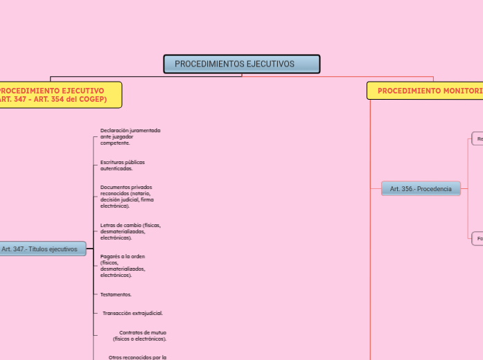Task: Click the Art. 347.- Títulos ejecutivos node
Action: [x=42, y=249]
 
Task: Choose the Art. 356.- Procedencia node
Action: [x=421, y=188]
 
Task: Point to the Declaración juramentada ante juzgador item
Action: [x=130, y=136]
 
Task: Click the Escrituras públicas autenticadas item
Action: [x=122, y=165]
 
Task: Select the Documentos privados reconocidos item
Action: [x=127, y=196]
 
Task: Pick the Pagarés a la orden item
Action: [x=123, y=265]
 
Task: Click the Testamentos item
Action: [x=116, y=294]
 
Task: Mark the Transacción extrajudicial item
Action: [x=132, y=313]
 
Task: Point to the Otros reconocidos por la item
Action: [x=137, y=357]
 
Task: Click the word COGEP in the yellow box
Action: [x=92, y=99]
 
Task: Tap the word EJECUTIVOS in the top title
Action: [x=271, y=64]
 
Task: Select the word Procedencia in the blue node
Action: [x=435, y=188]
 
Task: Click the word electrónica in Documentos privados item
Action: [x=114, y=206]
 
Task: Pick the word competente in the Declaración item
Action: [x=114, y=143]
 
